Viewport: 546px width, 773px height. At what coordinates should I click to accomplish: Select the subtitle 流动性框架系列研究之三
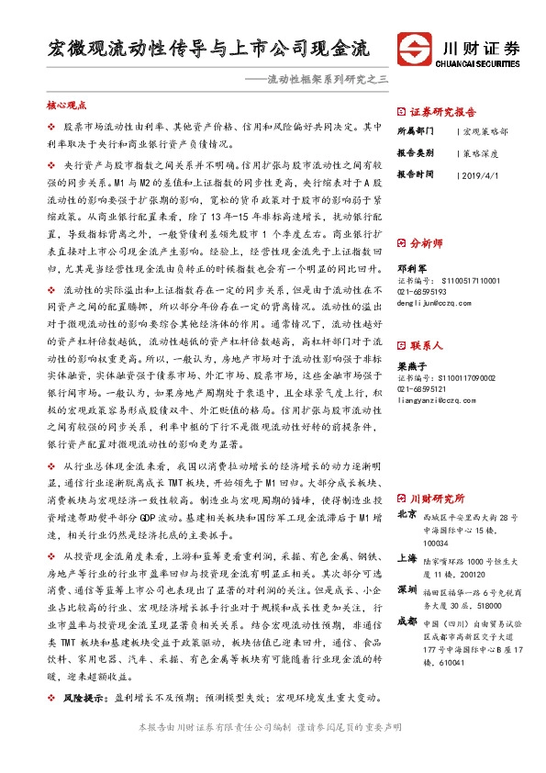[x=327, y=80]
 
